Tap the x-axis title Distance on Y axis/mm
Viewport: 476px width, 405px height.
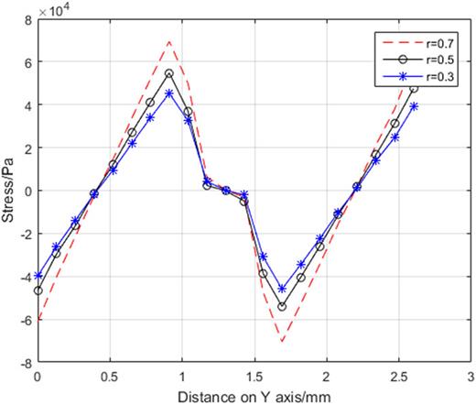(254, 395)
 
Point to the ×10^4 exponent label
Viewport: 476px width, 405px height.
(54, 10)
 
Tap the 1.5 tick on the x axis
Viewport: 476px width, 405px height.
(254, 377)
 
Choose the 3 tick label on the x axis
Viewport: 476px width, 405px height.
(471, 377)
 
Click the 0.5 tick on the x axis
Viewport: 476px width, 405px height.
(110, 377)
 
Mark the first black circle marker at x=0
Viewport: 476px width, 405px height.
(38, 290)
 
